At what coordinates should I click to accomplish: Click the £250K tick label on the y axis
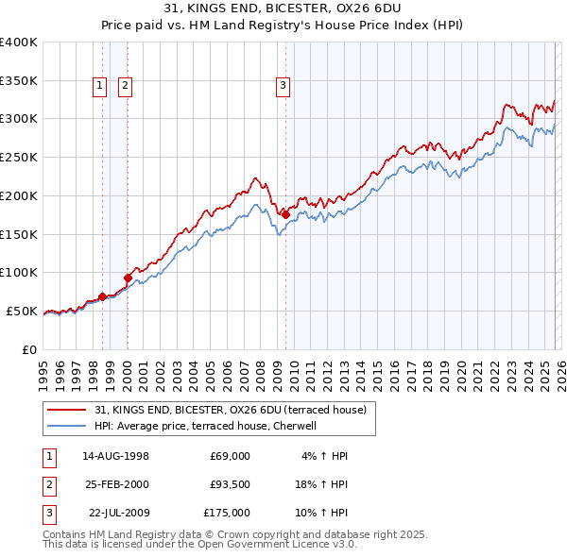tap(18, 158)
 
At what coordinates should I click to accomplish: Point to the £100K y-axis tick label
tap(18, 273)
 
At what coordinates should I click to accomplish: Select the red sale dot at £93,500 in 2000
tap(128, 278)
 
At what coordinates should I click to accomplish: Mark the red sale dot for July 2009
tap(285, 215)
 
